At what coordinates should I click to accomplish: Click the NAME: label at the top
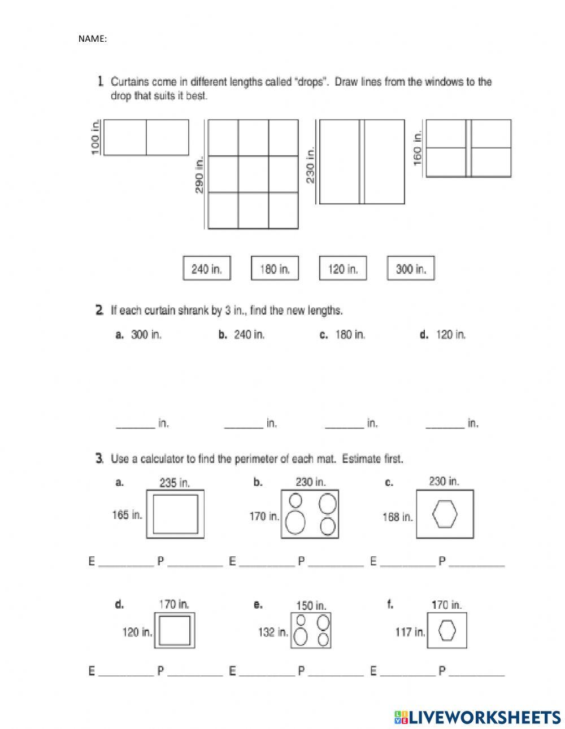coord(92,39)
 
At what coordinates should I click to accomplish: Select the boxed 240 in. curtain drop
coord(207,269)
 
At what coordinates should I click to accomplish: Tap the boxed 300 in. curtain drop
coord(411,269)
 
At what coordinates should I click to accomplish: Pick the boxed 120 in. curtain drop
coord(342,269)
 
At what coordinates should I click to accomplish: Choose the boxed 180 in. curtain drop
coord(275,269)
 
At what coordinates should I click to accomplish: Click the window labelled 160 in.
coord(468,148)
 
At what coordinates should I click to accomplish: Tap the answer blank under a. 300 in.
coord(136,424)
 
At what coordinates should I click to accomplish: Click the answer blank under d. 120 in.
coord(445,424)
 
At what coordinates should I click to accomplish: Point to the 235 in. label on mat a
coord(175,483)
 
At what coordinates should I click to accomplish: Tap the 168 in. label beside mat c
coord(398,516)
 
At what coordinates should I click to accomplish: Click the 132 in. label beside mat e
coord(273,632)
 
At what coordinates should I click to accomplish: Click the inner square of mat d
coord(175,630)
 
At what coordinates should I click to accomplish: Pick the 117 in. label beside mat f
coord(410,632)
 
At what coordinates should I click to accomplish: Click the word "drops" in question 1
coord(311,82)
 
